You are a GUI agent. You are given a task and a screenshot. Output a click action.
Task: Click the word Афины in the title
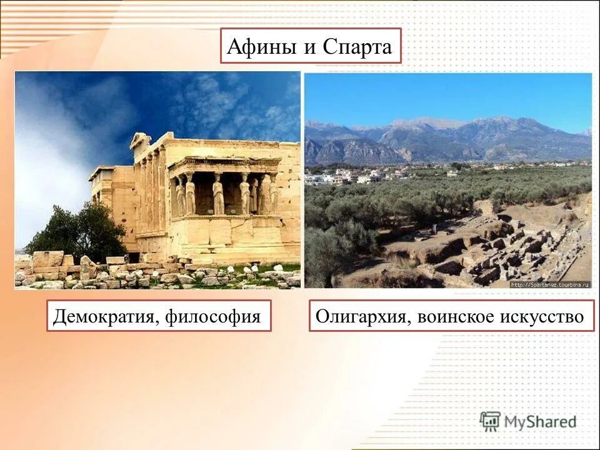(261, 47)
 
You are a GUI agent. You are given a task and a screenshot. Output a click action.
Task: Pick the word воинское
(454, 317)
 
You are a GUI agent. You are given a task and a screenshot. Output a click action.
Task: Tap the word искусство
(542, 317)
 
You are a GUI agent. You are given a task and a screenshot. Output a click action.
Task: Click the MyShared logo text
(540, 422)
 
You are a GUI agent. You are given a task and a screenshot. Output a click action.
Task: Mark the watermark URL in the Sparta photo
(550, 284)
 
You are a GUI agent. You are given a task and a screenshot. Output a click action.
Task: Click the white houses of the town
(350, 176)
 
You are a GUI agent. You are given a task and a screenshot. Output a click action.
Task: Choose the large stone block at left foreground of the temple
(47, 259)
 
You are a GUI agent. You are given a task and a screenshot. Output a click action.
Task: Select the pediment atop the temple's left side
(141, 140)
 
